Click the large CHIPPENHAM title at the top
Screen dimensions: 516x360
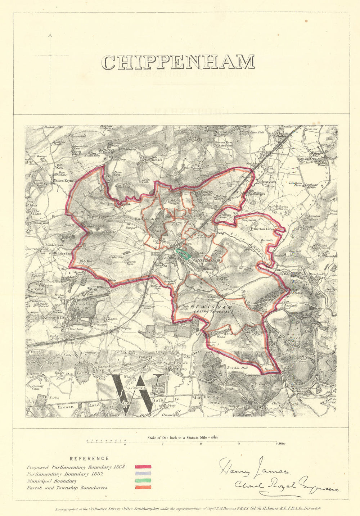(178, 62)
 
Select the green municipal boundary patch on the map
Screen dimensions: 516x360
(184, 254)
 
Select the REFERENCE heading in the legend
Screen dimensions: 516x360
(89, 458)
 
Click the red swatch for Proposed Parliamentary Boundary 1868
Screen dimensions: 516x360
(143, 467)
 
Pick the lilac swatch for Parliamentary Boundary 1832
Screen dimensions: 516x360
(143, 474)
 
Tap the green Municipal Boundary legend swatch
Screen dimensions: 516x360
(143, 481)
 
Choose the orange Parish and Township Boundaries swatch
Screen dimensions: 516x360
(143, 488)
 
